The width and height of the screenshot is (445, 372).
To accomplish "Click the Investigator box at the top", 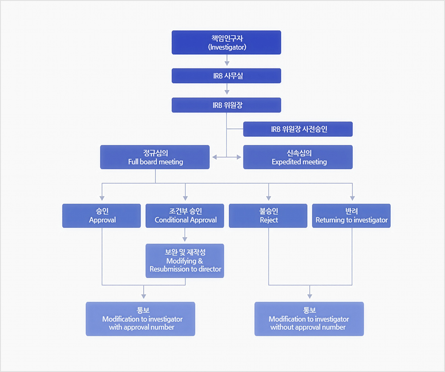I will pos(227,42).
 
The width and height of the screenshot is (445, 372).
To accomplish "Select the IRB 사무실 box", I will pos(227,76).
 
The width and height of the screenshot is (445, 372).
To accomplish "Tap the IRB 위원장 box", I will pos(227,105).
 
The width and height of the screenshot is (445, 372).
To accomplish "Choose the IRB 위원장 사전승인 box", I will pos(298,129).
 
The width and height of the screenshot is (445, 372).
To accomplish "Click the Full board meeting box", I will pos(155,157).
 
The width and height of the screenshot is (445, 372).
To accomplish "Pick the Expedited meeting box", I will pos(298,157).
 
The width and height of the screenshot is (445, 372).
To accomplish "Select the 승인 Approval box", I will pos(101,216).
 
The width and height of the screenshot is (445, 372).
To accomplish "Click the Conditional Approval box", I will pos(185,216).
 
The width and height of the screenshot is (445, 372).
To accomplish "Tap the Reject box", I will pos(268,216).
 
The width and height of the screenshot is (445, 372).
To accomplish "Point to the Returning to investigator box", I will pos(351,216).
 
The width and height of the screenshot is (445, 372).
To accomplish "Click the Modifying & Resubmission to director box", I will pos(185,260).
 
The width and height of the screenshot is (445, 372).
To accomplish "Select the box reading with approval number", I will pos(141,319).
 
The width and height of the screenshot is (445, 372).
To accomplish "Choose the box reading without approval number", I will pos(309,319).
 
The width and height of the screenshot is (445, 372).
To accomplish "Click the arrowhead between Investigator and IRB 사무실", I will pos(227,64).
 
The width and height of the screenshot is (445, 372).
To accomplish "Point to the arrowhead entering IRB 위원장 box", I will pos(227,93).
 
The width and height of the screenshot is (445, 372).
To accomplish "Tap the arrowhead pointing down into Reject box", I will pos(268,198).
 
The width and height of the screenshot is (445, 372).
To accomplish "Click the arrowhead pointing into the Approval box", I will pos(102,198).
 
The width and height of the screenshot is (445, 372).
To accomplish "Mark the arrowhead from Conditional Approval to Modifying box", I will pos(185,239).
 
